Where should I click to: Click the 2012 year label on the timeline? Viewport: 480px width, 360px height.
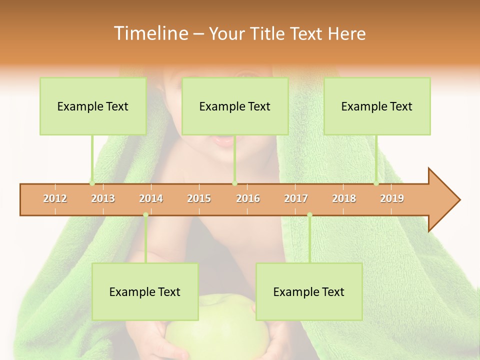coord(55,198)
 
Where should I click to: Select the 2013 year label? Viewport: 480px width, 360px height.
coord(103,198)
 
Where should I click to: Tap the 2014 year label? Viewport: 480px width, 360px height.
coord(151,198)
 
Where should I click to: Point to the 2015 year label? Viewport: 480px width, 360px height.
coord(199,198)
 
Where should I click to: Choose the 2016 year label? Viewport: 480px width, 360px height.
coord(248,198)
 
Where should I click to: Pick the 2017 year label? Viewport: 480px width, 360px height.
coord(296,198)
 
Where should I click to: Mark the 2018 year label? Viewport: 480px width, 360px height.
coord(344,198)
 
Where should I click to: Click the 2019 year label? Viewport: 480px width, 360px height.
coord(392,198)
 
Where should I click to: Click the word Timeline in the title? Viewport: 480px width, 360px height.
coord(150,33)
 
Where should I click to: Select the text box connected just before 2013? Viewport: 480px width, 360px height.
coord(93,106)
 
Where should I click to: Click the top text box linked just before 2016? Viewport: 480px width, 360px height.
coord(235,106)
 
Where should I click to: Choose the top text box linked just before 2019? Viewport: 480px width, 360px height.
coord(377,106)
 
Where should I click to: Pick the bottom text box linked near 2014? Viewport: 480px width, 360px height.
coord(145,291)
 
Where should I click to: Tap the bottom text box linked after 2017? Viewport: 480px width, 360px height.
coord(309,291)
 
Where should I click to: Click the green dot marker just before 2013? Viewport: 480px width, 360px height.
coord(92,183)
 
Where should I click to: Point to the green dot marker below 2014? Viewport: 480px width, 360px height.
coord(145,215)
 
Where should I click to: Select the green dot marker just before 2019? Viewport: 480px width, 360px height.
coord(376,183)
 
